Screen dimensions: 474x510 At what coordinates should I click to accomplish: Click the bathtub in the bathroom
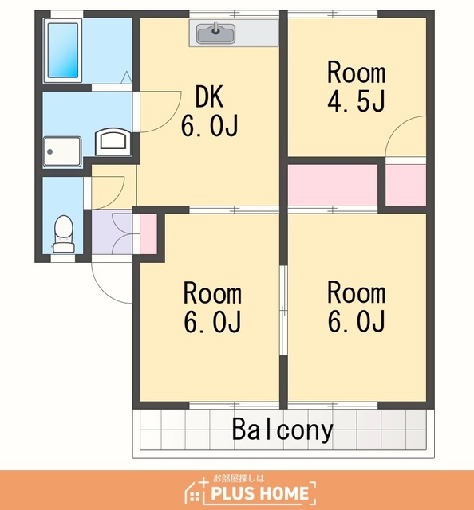click(x=63, y=50)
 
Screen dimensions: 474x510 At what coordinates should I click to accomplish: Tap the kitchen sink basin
click(x=215, y=33)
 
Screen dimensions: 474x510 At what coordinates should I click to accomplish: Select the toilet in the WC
click(x=64, y=233)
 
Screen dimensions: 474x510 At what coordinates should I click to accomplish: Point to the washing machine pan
click(x=62, y=152)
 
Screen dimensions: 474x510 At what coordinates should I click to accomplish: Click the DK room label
click(x=210, y=96)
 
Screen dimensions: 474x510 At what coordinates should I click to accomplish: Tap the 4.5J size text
click(x=357, y=100)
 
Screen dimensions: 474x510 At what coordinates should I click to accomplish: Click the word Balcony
click(x=282, y=430)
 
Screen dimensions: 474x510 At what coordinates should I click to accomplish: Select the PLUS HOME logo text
click(x=259, y=493)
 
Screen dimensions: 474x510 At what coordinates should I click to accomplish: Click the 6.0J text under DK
click(x=210, y=126)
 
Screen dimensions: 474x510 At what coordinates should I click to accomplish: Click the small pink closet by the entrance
click(x=148, y=233)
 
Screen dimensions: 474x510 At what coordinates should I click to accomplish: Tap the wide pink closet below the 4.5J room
click(x=333, y=185)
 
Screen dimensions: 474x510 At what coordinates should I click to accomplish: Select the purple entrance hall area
click(x=112, y=232)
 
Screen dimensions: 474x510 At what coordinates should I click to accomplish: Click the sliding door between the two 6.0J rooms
click(x=284, y=310)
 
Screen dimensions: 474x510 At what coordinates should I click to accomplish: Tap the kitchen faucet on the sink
click(x=215, y=28)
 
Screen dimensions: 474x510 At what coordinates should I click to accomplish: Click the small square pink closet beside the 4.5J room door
click(x=406, y=185)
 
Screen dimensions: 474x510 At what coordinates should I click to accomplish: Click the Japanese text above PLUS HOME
click(x=239, y=478)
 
